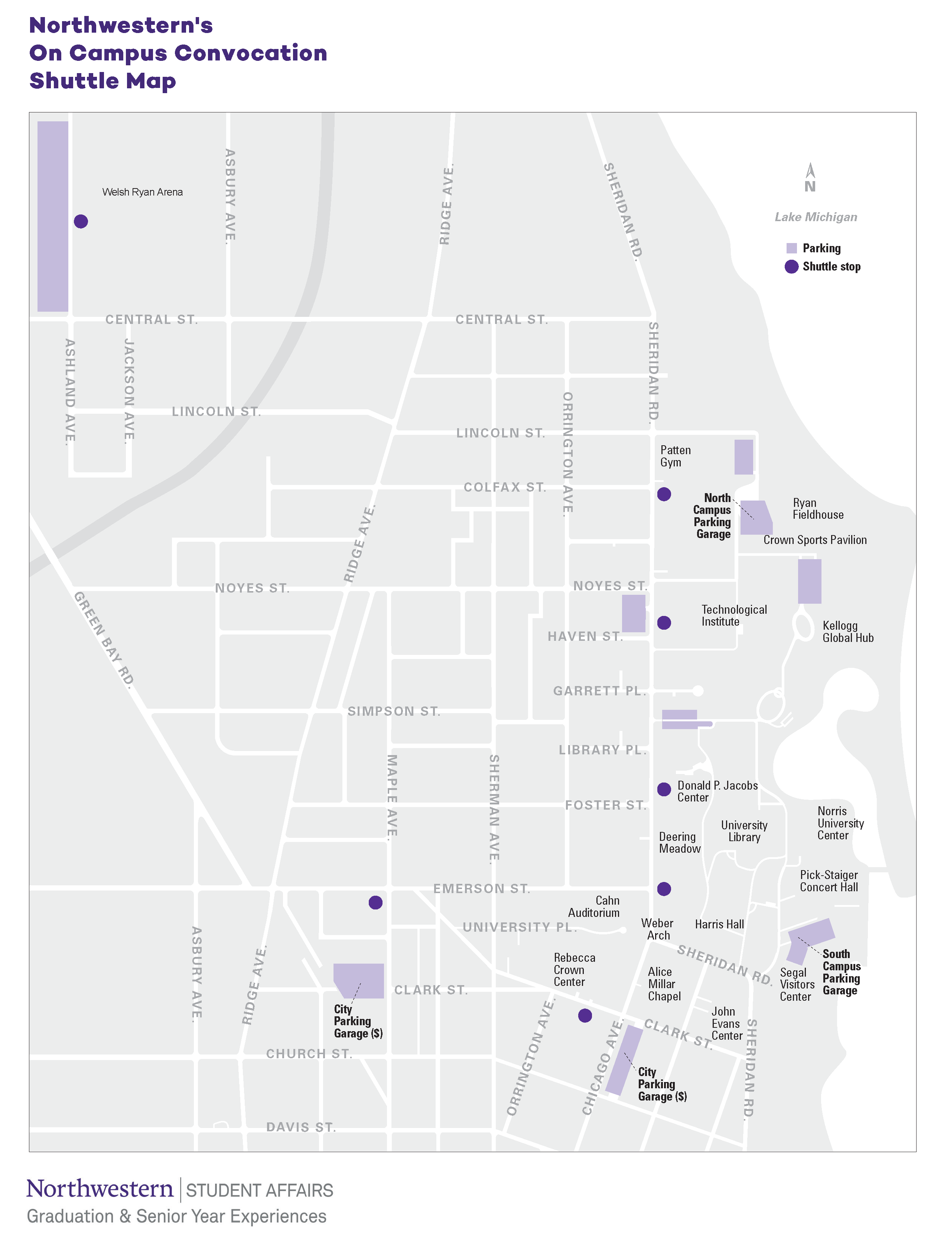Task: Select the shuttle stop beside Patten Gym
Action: point(664,494)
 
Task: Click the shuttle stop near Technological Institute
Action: point(664,622)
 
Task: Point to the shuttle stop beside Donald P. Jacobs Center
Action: point(664,789)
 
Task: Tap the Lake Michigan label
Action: point(815,217)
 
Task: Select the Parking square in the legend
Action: point(791,248)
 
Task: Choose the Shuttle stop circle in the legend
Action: point(791,266)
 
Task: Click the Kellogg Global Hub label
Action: point(847,632)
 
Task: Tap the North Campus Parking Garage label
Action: point(713,516)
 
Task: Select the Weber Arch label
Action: point(657,929)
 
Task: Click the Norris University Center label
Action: point(840,823)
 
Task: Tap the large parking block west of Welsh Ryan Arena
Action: point(53,216)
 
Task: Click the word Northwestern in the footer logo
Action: point(100,1188)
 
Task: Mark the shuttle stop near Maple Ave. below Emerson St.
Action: point(375,902)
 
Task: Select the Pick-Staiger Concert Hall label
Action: point(829,881)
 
